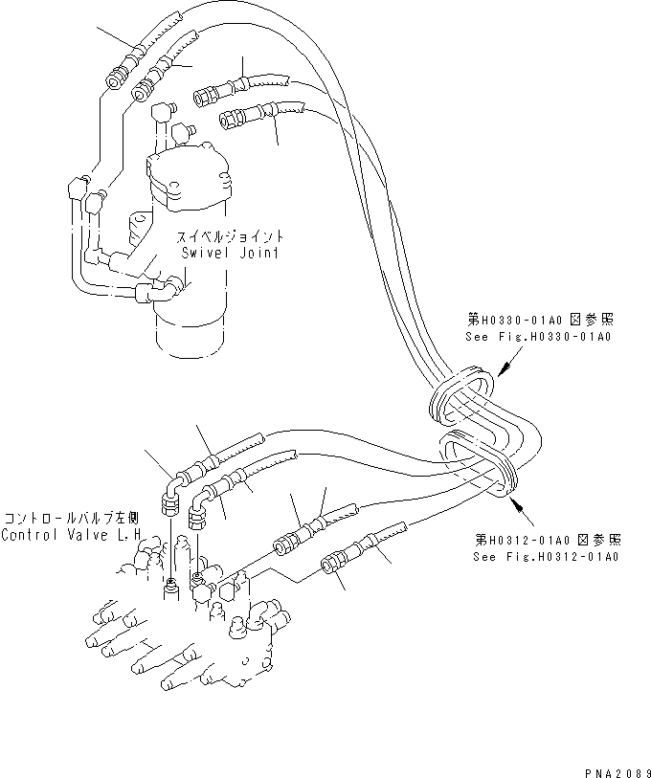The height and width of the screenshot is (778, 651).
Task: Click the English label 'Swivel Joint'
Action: coord(230,254)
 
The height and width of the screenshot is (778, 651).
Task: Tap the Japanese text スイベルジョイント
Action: coord(228,236)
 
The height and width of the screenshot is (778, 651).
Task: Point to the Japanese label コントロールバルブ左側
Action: coord(71,519)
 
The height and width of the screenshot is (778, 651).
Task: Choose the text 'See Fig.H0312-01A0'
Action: coord(546,556)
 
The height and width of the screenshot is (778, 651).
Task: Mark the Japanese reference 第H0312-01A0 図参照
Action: coord(546,540)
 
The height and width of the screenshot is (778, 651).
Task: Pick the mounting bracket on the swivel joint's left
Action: coord(140,227)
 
